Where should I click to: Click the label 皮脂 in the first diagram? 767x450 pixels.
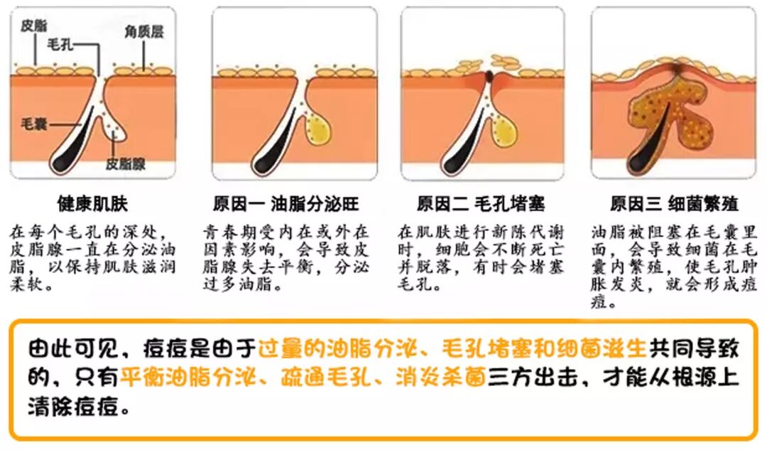34,26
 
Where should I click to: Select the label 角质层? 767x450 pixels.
145,31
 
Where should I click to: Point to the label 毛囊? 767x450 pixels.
34,124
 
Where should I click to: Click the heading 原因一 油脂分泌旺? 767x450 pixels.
286,204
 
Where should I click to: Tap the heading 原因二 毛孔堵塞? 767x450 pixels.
481,204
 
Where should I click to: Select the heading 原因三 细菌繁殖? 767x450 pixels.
674,204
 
